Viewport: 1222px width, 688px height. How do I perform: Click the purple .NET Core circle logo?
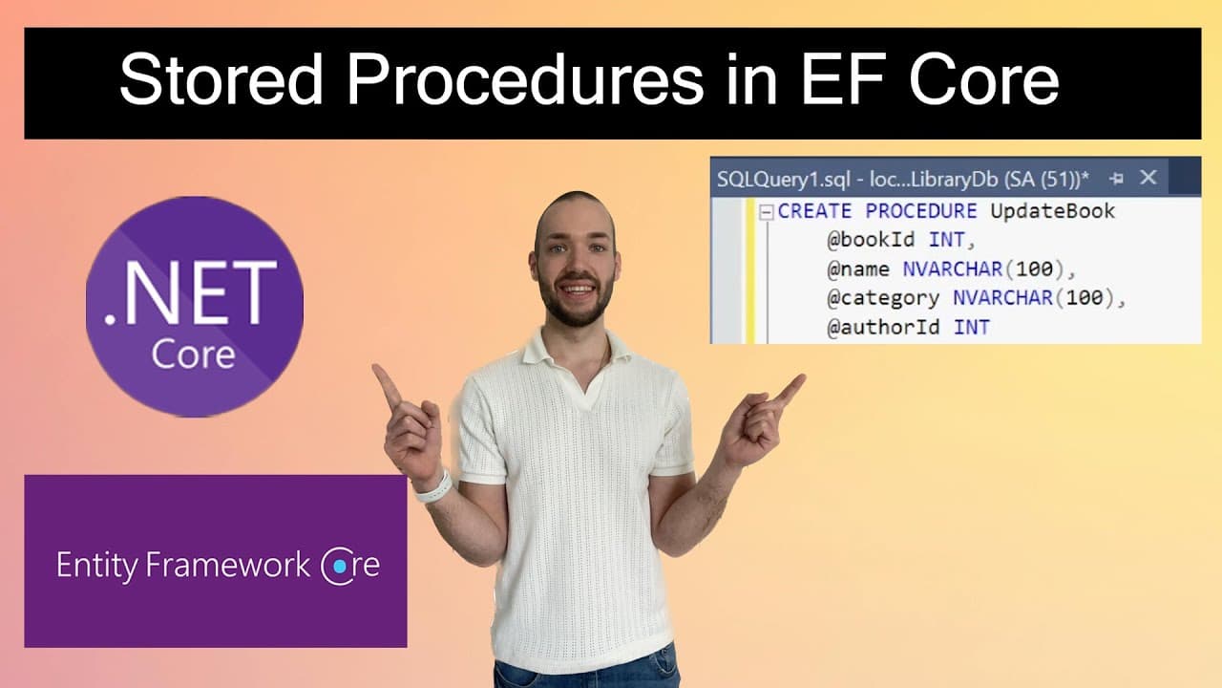(x=195, y=306)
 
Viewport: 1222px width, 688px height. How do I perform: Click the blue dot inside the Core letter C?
(x=339, y=567)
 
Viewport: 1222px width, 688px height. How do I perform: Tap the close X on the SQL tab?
(x=1148, y=177)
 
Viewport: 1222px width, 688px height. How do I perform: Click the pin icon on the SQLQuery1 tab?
(x=1116, y=178)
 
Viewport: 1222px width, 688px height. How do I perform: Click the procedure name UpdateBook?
(x=1052, y=211)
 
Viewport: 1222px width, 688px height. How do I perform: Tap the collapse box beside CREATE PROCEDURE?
(x=766, y=212)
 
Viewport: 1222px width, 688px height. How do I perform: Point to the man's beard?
(x=575, y=306)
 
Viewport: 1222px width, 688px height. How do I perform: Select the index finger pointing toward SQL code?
(x=790, y=388)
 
